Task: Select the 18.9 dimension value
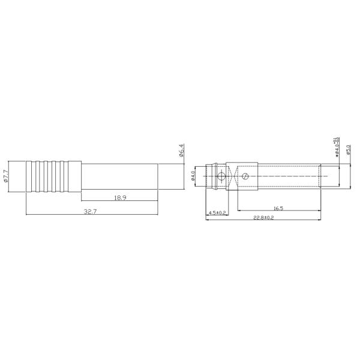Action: point(120,197)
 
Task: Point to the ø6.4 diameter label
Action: point(181,150)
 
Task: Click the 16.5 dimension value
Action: point(278,207)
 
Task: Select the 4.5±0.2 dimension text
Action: point(217,213)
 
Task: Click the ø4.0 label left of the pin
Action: point(193,176)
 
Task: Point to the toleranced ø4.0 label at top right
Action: point(337,146)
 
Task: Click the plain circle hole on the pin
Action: point(222,176)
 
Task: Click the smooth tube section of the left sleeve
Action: point(120,176)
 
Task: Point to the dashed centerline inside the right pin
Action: point(288,176)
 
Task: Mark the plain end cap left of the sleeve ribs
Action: point(31,176)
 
